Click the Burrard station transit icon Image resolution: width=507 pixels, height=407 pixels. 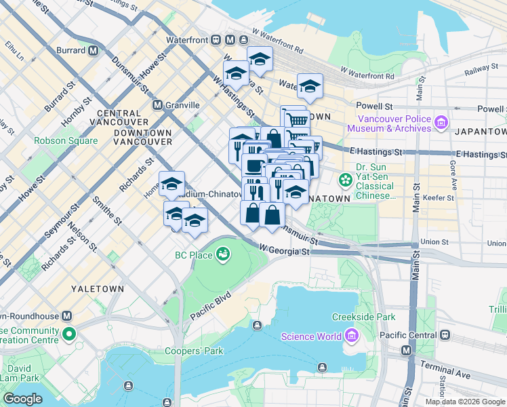(92, 50)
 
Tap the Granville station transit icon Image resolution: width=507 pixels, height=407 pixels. (157, 105)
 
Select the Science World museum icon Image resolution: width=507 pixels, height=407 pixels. (351, 336)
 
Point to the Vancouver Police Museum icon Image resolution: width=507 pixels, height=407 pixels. (441, 123)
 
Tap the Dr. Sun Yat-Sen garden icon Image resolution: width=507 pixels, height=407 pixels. (346, 180)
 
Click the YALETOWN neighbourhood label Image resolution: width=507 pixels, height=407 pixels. (98, 289)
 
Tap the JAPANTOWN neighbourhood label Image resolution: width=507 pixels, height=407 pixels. (481, 131)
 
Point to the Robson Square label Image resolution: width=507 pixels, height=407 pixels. (66, 141)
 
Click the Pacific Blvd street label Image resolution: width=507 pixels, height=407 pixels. (211, 306)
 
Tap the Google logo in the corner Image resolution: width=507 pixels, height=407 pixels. (22, 399)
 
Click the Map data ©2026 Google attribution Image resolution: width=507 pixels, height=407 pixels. (465, 402)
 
